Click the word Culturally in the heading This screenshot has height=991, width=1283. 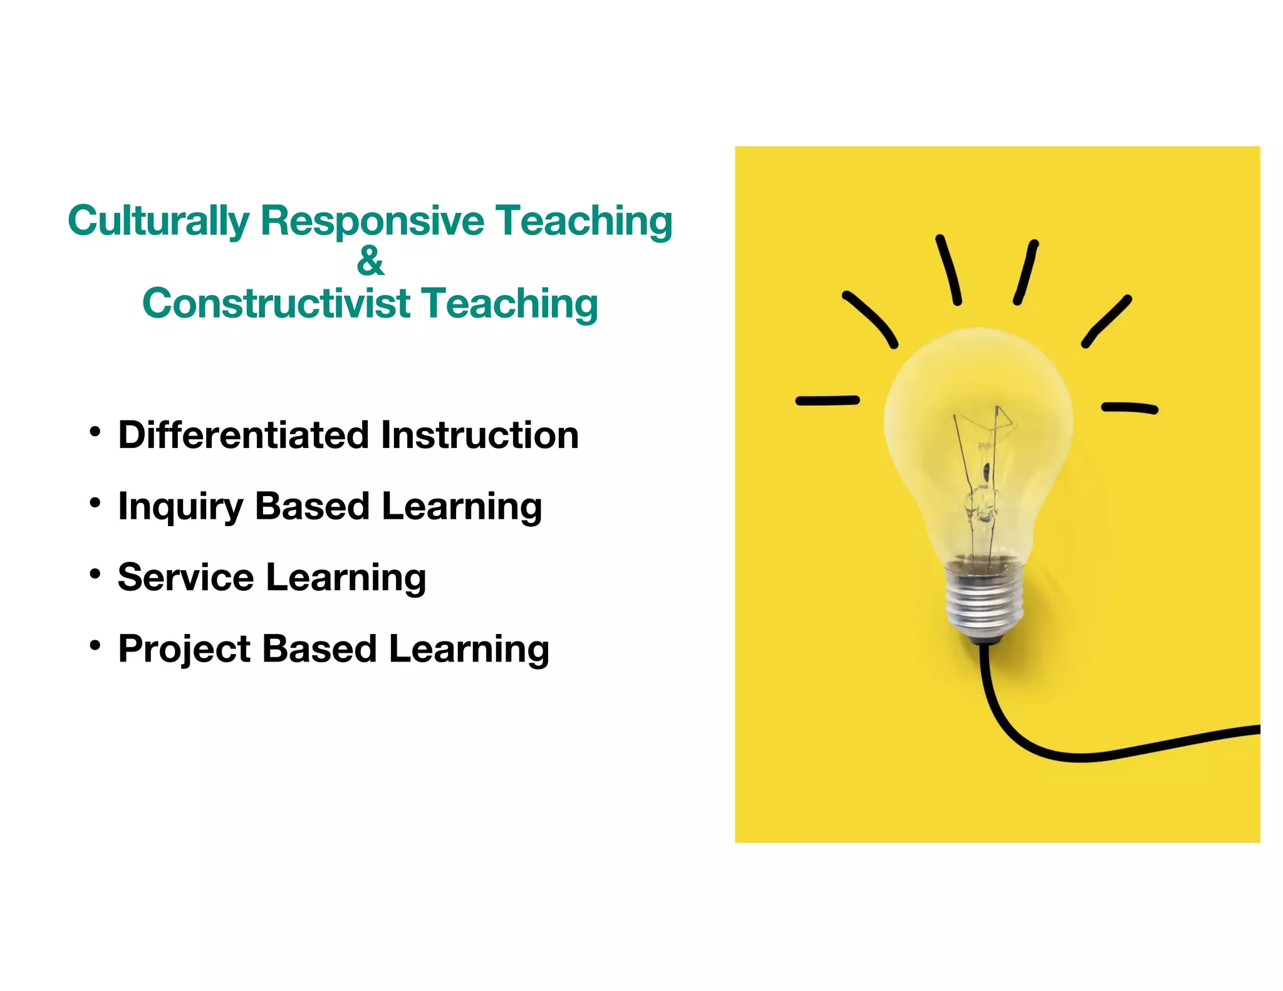158,221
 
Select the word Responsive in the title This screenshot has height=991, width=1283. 372,221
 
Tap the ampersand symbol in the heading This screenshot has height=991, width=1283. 370,261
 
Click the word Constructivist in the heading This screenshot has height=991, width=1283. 276,304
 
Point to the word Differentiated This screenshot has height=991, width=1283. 243,435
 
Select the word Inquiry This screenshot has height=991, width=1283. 180,507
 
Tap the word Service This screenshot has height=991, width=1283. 185,577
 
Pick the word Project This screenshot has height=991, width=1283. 184,649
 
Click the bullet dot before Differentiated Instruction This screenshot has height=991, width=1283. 95,432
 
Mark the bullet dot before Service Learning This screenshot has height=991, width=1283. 95,574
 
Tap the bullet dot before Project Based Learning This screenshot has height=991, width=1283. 95,645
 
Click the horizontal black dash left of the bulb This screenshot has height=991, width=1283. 827,401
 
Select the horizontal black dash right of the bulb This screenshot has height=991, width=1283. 1130,408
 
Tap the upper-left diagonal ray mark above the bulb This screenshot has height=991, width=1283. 870,318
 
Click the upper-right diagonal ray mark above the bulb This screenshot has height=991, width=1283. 1107,321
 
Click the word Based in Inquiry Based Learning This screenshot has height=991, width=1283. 312,506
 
